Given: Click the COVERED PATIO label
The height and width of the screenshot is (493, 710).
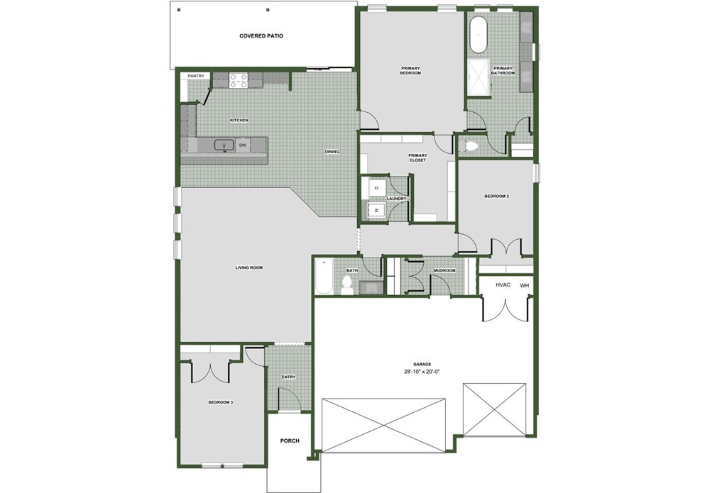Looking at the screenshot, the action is pyautogui.click(x=261, y=35).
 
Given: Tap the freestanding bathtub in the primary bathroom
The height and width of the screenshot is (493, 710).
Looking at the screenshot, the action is pyautogui.click(x=478, y=35).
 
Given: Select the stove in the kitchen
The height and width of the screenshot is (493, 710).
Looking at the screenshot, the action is pyautogui.click(x=239, y=80).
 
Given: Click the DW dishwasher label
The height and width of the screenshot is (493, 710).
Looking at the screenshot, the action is pyautogui.click(x=243, y=145).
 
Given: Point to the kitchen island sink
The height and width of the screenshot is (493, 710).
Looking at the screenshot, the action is pyautogui.click(x=224, y=145).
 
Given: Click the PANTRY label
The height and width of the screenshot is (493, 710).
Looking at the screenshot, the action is pyautogui.click(x=196, y=76).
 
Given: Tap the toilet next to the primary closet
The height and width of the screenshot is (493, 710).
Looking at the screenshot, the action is pyautogui.click(x=469, y=146).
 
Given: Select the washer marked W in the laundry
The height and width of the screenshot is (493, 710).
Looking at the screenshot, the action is pyautogui.click(x=376, y=210).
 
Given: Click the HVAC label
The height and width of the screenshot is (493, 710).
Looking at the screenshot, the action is pyautogui.click(x=503, y=285).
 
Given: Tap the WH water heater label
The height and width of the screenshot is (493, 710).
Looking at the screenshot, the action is pyautogui.click(x=525, y=285).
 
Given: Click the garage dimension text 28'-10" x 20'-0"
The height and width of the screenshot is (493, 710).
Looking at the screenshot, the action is pyautogui.click(x=422, y=372).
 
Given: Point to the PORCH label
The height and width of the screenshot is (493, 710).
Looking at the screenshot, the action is pyautogui.click(x=290, y=441).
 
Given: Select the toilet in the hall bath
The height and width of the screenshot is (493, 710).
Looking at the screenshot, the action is pyautogui.click(x=347, y=285).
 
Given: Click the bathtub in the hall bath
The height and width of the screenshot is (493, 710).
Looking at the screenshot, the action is pyautogui.click(x=324, y=277).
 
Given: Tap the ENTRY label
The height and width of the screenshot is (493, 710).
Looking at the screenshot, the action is pyautogui.click(x=288, y=377).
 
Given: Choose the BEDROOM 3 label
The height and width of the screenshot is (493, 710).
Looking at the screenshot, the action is pyautogui.click(x=221, y=401).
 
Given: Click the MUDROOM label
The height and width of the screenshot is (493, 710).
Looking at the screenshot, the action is pyautogui.click(x=444, y=270).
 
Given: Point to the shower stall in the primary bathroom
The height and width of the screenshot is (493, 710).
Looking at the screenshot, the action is pyautogui.click(x=478, y=77).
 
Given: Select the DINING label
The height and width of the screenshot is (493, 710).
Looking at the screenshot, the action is pyautogui.click(x=332, y=152).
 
